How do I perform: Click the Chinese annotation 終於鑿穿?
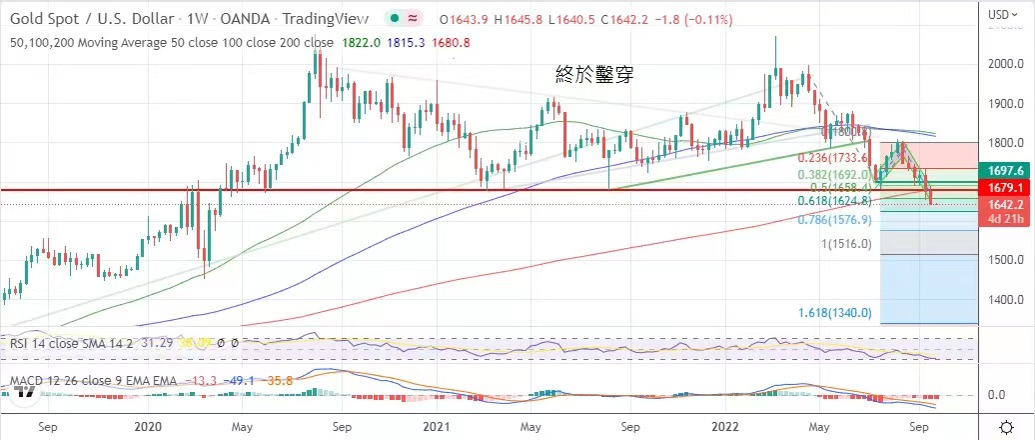[x=594, y=73]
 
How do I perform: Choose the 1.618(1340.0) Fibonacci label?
[x=836, y=313]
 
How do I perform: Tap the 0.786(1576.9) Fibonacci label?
[x=837, y=220]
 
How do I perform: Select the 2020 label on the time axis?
[x=148, y=427]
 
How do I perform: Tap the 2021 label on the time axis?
[x=435, y=427]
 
